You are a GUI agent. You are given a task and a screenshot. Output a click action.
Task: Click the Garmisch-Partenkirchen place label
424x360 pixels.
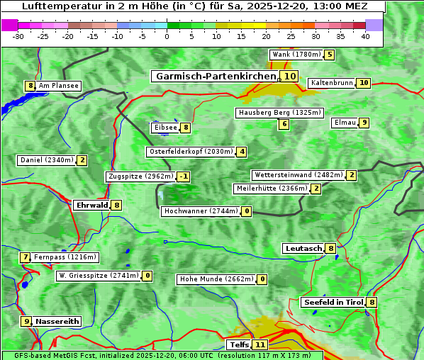tap(215, 76)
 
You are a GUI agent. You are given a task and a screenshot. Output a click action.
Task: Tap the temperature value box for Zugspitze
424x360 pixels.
tap(184, 176)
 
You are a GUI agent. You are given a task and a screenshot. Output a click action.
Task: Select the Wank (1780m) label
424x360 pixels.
tap(296, 55)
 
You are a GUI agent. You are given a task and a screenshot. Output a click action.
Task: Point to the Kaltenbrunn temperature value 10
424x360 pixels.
tap(364, 83)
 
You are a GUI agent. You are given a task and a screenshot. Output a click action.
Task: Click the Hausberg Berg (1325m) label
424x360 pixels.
tap(279, 113)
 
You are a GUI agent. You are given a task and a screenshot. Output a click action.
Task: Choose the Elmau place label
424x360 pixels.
tap(345, 123)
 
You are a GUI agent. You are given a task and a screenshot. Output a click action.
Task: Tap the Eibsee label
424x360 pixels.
tap(165, 128)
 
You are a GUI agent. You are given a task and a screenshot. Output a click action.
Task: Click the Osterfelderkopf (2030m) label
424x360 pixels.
tap(190, 152)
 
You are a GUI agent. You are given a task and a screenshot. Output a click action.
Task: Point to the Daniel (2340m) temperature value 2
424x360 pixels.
tap(82, 160)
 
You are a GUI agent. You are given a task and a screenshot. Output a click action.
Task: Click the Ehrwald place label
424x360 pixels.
tap(91, 205)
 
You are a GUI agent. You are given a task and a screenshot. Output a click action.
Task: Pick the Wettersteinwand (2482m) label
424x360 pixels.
tap(298, 175)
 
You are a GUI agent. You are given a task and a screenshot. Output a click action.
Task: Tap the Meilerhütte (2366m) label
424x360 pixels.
tap(272, 189)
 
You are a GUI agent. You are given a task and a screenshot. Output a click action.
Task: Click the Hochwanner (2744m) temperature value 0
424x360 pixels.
tap(247, 211)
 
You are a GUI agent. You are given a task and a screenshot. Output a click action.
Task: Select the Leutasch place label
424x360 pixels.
tap(303, 248)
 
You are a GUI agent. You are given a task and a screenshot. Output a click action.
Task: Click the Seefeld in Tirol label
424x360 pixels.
tap(333, 302)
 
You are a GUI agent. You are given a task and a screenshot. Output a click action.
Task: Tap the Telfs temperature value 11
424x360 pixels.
tap(260, 345)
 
